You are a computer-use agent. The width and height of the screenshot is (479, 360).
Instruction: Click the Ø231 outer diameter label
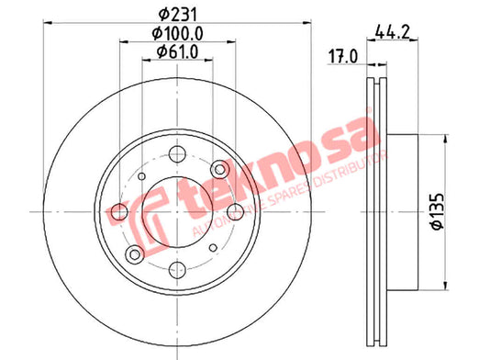click(177, 14)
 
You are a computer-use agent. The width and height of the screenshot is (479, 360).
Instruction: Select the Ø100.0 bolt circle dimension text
click(177, 33)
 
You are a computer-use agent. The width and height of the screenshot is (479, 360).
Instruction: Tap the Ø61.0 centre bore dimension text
click(177, 51)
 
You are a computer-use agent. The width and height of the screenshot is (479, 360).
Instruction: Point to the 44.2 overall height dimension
click(392, 31)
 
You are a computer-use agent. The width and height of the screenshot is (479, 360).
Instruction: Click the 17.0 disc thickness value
click(342, 57)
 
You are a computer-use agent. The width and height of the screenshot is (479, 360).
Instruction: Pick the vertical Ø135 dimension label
click(437, 211)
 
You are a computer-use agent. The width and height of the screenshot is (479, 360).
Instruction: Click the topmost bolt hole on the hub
click(177, 154)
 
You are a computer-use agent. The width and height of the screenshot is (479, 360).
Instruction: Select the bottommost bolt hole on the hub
click(177, 270)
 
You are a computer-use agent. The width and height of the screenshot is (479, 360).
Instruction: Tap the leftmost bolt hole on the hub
click(119, 211)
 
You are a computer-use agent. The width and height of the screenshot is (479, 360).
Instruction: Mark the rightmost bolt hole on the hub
click(236, 211)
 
